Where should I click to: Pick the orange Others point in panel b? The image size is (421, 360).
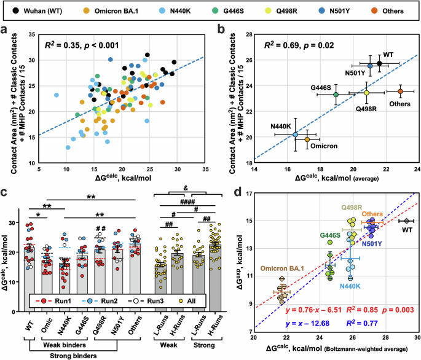[400, 92]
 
